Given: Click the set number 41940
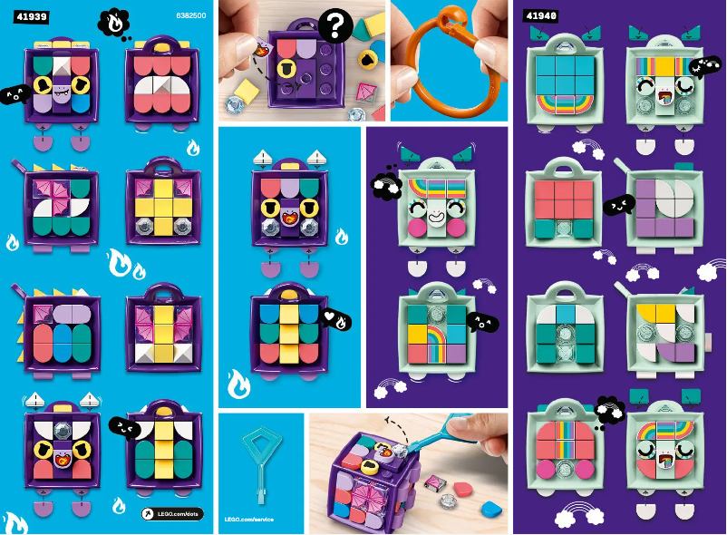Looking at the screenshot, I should [x=541, y=15].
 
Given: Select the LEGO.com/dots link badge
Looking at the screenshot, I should [x=171, y=513].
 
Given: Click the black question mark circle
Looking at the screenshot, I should [x=334, y=26].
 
